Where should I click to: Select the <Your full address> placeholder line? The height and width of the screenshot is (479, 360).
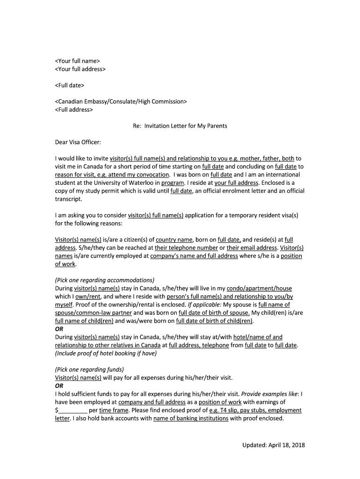(80, 69)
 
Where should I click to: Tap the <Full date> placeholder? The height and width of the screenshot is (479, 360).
(70, 86)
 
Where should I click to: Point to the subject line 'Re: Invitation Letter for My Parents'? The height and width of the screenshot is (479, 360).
(180, 126)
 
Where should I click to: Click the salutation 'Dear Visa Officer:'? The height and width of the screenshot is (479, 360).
(78, 142)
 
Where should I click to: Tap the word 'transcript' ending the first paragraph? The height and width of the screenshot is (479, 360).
(68, 199)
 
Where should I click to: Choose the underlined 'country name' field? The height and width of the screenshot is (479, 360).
(174, 239)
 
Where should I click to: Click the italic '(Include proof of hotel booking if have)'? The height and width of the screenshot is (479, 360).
(106, 353)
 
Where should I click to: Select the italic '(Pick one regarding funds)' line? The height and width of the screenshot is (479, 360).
(89, 369)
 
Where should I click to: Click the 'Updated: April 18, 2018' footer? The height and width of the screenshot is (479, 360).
(273, 445)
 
